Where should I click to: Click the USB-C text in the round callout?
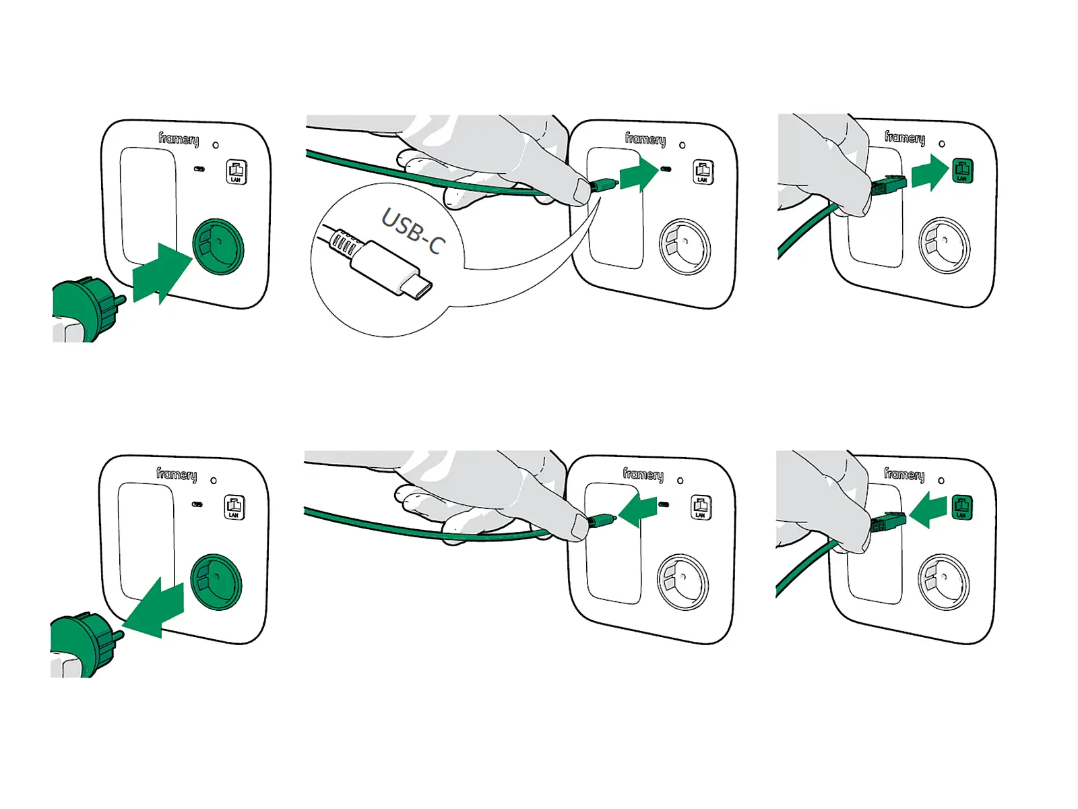point(413,231)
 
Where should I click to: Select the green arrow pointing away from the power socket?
point(153,608)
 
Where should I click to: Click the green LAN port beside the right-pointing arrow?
point(962,170)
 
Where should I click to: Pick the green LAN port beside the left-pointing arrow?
point(961,506)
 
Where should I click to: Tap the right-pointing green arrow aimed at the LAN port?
point(930,173)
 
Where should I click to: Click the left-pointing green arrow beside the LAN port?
point(928,510)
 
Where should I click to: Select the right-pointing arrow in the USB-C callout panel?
point(639,173)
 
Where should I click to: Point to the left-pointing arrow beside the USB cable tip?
point(637,510)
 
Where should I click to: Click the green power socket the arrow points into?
point(218,246)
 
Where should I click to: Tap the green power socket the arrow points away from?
point(216,582)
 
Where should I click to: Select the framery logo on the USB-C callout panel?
point(645,139)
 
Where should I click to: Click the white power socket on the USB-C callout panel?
point(685,247)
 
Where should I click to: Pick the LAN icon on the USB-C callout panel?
point(703,172)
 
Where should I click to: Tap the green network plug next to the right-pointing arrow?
point(889,184)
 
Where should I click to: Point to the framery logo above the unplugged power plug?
point(177,475)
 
